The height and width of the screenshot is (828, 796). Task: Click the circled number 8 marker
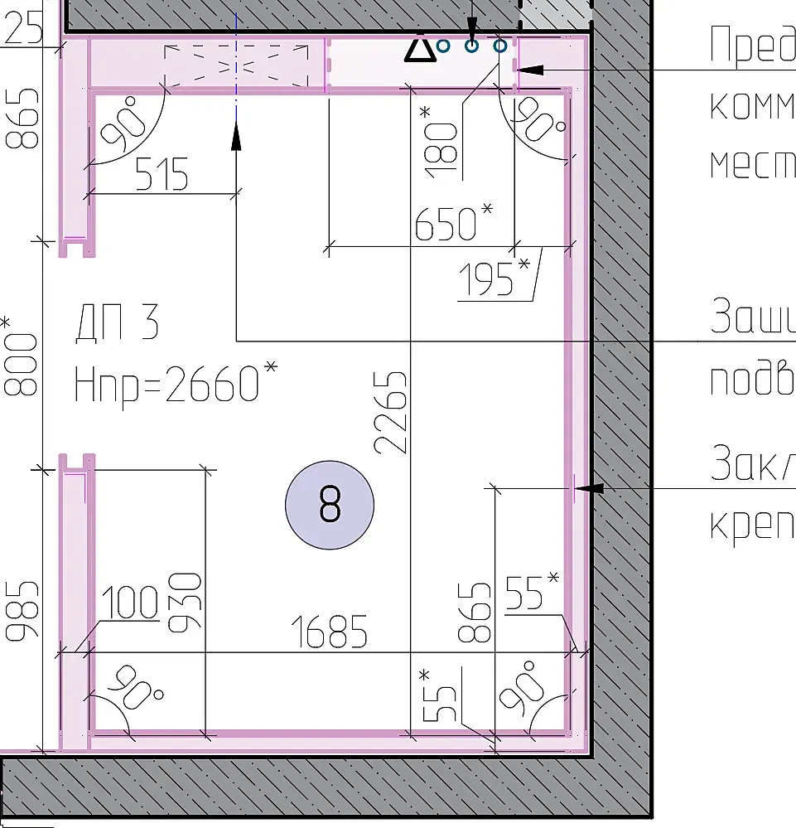tap(330, 505)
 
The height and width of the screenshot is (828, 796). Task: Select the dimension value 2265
tap(391, 411)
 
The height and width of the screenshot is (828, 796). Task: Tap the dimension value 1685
tap(330, 632)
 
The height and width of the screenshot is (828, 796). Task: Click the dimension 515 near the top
tap(162, 175)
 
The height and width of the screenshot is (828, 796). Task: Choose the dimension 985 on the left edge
tap(22, 612)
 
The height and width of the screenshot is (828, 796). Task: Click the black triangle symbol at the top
tap(420, 49)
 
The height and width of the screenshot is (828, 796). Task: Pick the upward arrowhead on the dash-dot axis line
tap(237, 135)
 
